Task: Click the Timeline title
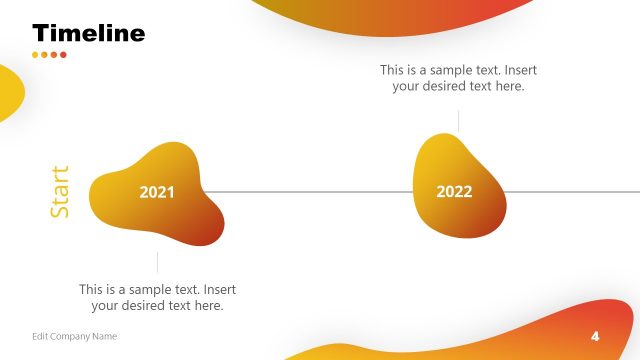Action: pos(88,33)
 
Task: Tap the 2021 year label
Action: pos(156,192)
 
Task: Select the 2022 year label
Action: pos(454,192)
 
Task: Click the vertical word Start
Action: pos(61,192)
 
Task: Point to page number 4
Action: pos(595,335)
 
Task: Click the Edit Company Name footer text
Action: pos(74,336)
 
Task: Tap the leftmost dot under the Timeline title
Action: pos(36,55)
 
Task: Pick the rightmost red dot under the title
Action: pos(63,55)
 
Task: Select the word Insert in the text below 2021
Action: pos(217,289)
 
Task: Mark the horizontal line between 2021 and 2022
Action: pos(310,191)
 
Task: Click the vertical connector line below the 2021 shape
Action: pos(157,262)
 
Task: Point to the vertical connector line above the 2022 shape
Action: pos(459,120)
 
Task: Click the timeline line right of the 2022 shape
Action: pos(570,191)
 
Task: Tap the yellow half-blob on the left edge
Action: pos(8,93)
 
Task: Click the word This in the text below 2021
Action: pos(92,289)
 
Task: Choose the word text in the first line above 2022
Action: pos(478,70)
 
